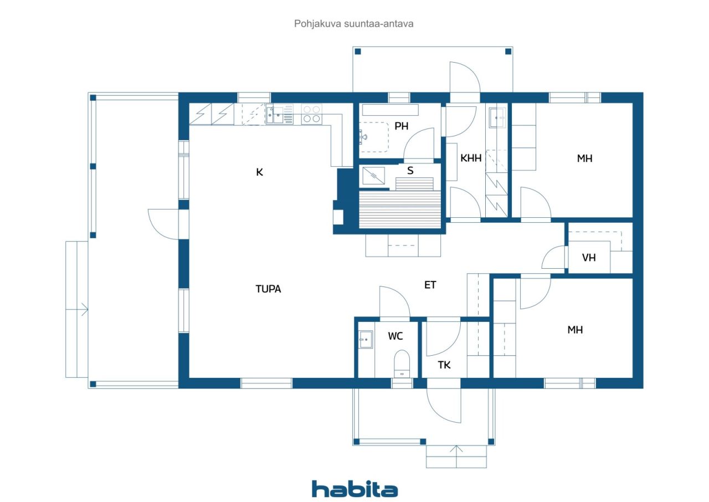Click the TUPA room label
pos(268,289)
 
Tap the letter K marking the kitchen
pos(259,172)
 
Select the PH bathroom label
pos(402,126)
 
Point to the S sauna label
pos(410,171)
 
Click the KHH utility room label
pos(471,158)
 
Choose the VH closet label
pos(589,258)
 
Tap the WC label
pos(395,336)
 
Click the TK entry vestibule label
pos(444,365)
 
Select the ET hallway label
pos(430,285)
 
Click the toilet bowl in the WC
pos(402,363)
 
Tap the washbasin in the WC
pos(366,339)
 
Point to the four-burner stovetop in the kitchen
pos(311,114)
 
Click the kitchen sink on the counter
pos(275,115)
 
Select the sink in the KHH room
pos(497,118)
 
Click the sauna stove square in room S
pos(373,176)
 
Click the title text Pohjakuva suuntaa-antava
pos(353,24)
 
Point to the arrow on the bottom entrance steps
pos(456,456)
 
